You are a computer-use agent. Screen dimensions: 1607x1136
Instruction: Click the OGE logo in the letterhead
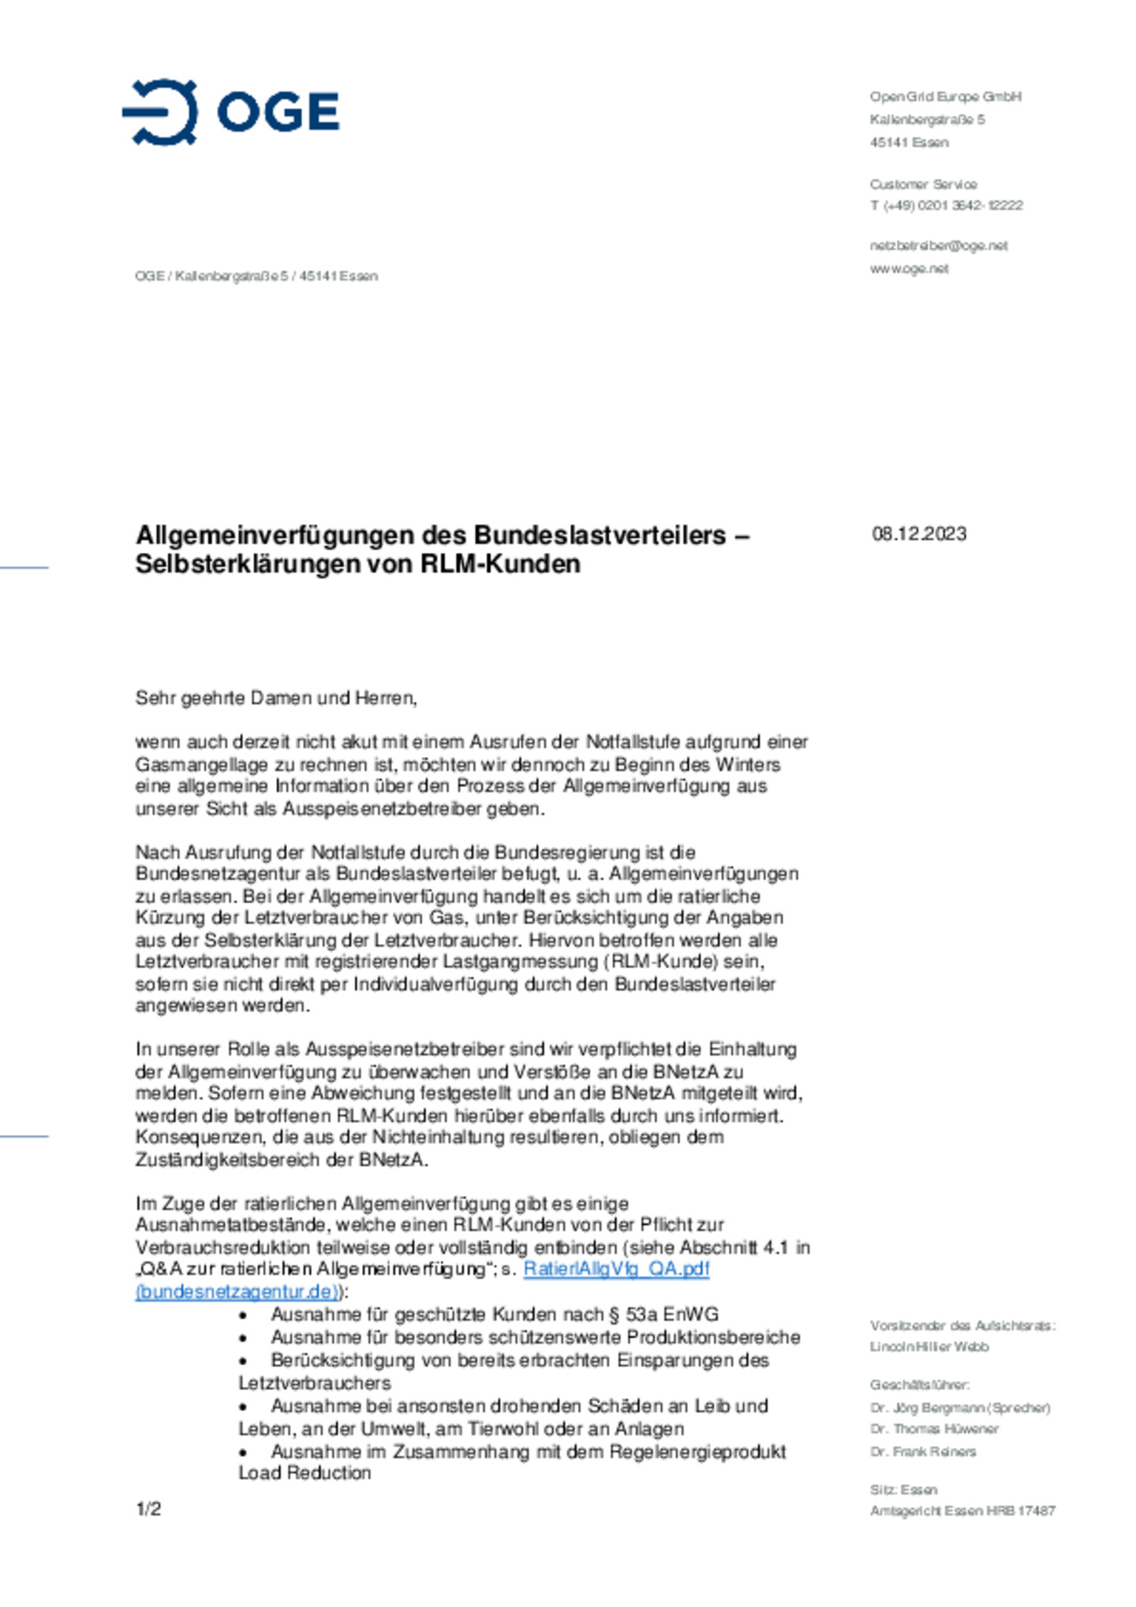(230, 112)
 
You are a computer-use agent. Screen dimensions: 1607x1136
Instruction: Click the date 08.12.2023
(918, 534)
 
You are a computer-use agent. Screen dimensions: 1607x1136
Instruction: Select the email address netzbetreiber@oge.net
(938, 245)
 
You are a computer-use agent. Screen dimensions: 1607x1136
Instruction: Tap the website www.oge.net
(909, 268)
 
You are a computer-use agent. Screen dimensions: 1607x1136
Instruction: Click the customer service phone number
(946, 205)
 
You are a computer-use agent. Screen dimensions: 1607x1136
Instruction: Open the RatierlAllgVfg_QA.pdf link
(616, 1269)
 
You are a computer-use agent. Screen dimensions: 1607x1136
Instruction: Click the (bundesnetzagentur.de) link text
(237, 1292)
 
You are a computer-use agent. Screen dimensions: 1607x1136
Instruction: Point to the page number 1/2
(148, 1508)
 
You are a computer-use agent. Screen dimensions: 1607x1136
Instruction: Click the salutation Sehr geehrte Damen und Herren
(276, 698)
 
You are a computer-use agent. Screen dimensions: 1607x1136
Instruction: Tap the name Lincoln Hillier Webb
(929, 1346)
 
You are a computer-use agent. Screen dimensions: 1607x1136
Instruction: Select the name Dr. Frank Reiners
(922, 1451)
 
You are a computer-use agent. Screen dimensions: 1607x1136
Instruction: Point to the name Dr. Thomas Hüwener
(933, 1429)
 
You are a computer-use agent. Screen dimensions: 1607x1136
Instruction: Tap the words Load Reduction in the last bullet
(305, 1473)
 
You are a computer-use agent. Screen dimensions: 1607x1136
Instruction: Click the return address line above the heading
(256, 276)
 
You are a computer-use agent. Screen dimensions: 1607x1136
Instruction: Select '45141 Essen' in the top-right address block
(909, 142)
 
